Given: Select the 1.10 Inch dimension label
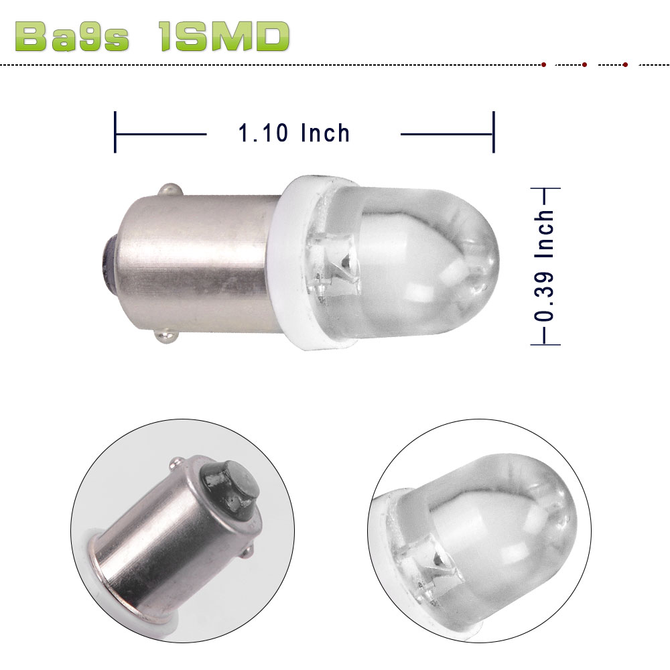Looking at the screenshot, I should (x=294, y=133).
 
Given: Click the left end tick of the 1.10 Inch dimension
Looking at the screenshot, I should (x=115, y=133).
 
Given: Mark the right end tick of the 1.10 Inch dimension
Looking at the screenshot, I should (x=494, y=133).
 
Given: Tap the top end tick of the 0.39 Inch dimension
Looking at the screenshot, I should (x=545, y=190).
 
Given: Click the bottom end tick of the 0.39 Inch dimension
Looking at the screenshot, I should (x=545, y=344).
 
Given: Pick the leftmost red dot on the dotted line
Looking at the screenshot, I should (x=543, y=65).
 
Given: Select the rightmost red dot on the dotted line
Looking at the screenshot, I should (x=625, y=65).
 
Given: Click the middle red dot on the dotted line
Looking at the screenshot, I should (x=585, y=65).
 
